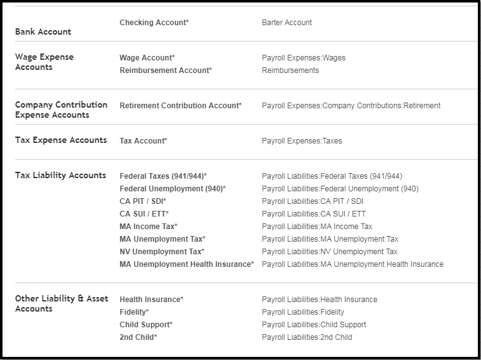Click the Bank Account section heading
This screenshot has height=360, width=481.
[43, 31]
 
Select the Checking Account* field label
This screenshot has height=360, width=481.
[154, 23]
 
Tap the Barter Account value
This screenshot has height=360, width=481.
[286, 23]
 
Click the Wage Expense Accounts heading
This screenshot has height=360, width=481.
[44, 62]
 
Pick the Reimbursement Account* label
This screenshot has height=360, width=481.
[166, 70]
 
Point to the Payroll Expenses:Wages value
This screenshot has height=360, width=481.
[303, 58]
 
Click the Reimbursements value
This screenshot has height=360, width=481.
[290, 70]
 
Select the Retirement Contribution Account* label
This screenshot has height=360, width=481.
[180, 106]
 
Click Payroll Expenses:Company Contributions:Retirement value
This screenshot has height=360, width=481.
[351, 106]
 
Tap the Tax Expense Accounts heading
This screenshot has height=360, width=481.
[60, 140]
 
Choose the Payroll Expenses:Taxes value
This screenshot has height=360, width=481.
[302, 141]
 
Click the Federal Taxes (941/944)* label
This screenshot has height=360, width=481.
[163, 176]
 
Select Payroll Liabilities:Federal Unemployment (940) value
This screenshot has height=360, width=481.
[340, 189]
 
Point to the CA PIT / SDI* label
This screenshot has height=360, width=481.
[143, 201]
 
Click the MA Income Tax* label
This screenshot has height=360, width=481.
[148, 227]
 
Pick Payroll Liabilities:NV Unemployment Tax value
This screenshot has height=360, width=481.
[329, 252]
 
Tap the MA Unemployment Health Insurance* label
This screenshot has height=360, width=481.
[186, 264]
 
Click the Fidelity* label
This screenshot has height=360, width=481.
[134, 312]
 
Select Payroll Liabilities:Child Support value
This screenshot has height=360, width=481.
[314, 325]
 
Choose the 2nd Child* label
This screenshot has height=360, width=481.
[138, 337]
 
